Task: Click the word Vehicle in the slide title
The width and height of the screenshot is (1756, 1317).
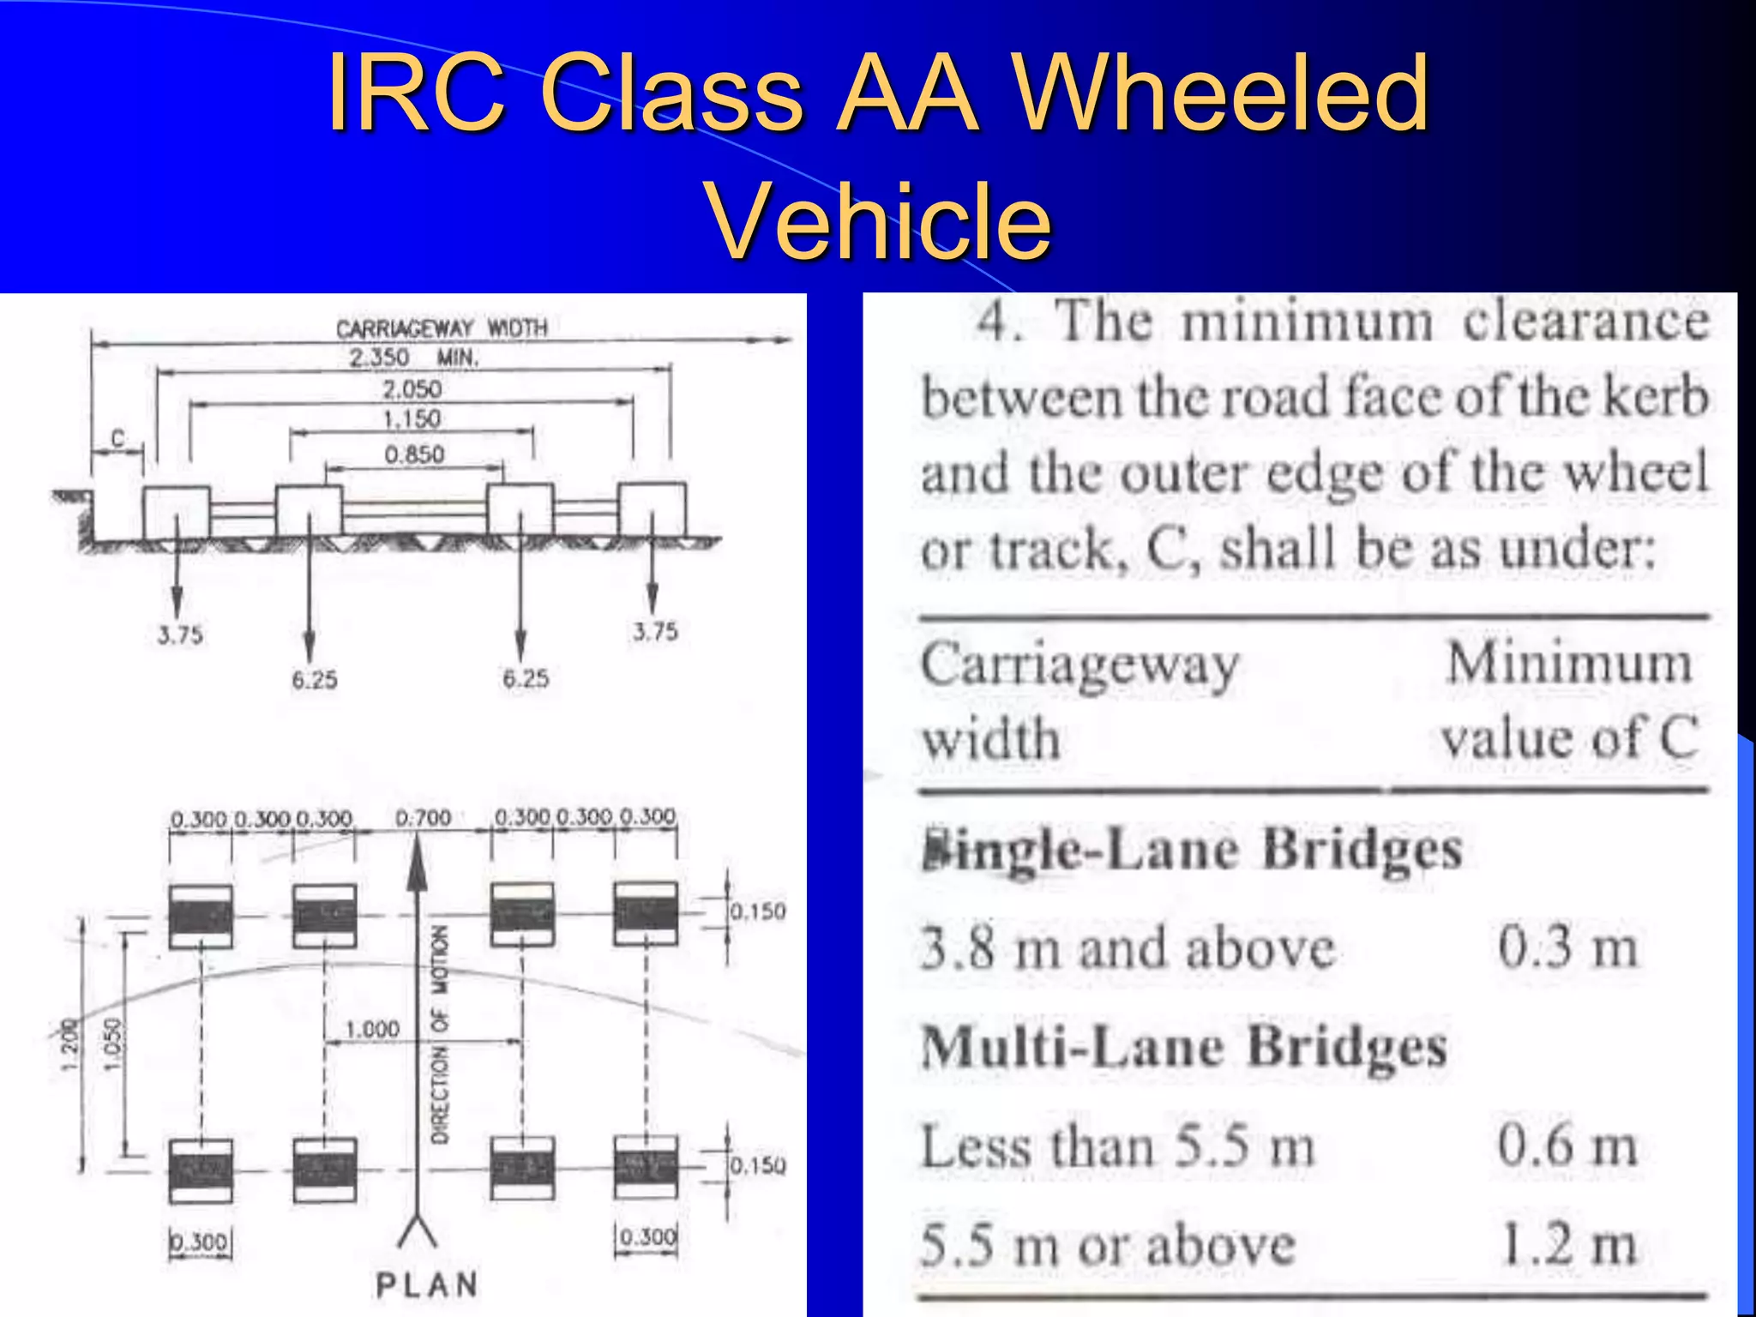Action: tap(879, 221)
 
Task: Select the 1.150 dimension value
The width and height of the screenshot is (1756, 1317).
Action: tap(412, 419)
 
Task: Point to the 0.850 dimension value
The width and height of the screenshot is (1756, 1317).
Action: tap(414, 454)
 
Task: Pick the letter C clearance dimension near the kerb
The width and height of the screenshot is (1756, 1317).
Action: tap(118, 439)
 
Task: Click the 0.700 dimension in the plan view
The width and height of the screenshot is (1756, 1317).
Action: tap(423, 818)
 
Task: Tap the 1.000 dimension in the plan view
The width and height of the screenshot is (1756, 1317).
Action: tap(372, 1029)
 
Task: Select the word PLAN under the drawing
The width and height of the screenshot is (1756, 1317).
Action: tap(426, 1285)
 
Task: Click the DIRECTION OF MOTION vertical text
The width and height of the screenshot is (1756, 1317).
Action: tap(440, 1033)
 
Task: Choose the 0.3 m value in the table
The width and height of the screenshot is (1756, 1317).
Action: tap(1567, 948)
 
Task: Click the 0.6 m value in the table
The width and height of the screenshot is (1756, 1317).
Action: tap(1567, 1146)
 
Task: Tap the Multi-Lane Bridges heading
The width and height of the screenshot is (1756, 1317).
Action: tap(1183, 1048)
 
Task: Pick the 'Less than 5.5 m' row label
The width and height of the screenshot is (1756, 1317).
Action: tap(1117, 1146)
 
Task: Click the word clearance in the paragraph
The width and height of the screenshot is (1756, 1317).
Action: tap(1585, 322)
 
